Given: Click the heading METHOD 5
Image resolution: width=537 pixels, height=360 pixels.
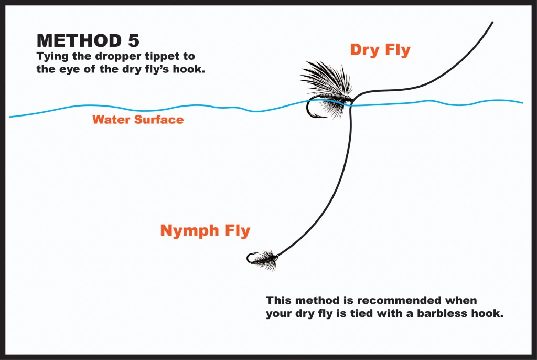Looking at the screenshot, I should point(88,40).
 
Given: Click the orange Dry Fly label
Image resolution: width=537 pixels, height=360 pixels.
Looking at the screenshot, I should point(380,50).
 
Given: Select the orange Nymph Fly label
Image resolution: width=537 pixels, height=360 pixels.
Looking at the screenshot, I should point(205,230).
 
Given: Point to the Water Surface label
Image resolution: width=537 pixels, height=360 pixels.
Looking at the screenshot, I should point(138,120).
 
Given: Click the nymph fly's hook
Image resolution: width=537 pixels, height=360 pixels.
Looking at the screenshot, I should point(251,258).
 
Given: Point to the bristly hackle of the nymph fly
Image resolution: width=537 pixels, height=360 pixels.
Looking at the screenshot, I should point(269,258).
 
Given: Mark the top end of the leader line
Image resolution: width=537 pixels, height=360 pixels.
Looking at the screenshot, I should point(492,23).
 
